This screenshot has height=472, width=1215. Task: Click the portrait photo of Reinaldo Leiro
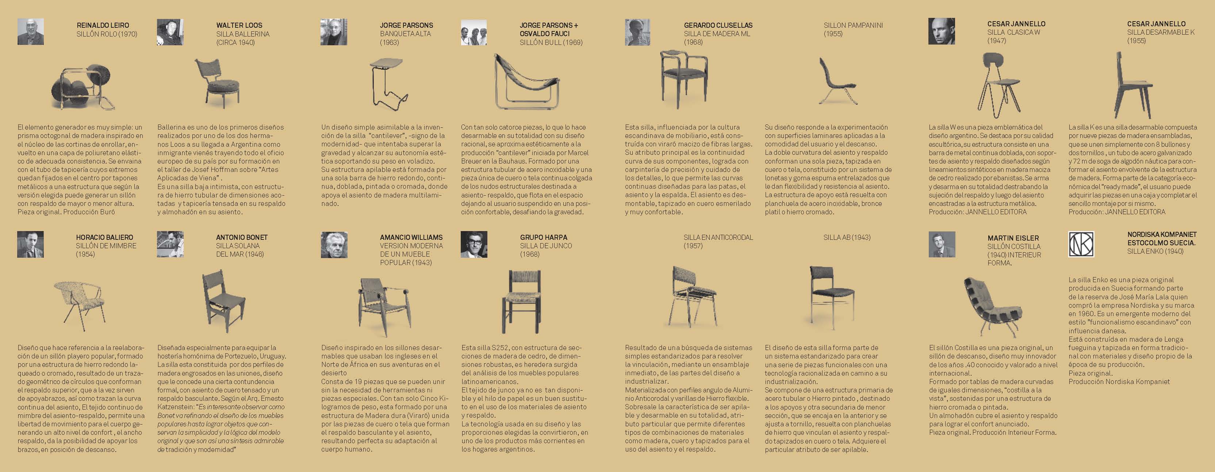(31, 32)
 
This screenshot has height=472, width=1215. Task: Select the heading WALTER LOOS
(239, 25)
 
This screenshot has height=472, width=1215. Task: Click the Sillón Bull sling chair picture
(525, 82)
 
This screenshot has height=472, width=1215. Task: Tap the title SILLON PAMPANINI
(853, 25)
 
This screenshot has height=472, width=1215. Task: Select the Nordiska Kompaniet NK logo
(1081, 244)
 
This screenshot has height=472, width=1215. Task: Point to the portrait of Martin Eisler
(942, 244)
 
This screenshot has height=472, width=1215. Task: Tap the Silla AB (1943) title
(847, 237)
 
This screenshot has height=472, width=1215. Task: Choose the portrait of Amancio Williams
(334, 245)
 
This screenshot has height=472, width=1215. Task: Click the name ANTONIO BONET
(241, 237)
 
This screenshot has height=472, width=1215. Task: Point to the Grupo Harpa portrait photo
(474, 244)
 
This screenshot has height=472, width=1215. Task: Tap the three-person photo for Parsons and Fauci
(474, 32)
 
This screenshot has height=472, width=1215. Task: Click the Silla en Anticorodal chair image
(691, 297)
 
